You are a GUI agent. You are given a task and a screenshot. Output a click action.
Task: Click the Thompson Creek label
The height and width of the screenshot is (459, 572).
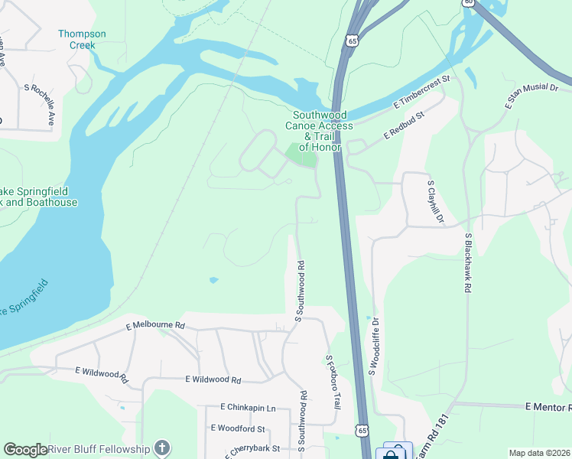[83, 39]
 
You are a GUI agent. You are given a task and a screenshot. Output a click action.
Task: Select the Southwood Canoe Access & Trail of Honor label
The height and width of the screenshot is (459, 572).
[319, 130]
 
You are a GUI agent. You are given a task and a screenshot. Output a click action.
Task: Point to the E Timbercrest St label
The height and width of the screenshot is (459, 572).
[423, 91]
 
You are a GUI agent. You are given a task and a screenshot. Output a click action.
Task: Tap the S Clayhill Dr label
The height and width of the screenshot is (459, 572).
[435, 202]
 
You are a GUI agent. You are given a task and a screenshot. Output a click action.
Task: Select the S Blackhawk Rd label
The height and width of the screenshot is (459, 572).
[466, 263]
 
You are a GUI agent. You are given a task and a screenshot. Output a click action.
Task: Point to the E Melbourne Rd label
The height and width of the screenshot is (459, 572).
[155, 325]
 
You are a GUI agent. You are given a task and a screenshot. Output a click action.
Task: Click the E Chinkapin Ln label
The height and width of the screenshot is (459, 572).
[247, 408]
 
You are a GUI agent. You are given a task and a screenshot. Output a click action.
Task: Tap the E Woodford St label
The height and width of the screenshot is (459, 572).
[237, 428]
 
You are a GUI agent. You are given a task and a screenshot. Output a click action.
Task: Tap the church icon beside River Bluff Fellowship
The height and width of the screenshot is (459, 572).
[161, 448]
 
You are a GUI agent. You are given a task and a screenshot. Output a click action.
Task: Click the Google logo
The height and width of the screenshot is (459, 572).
[25, 450]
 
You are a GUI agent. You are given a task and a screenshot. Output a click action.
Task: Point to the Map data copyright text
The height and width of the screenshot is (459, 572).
[538, 453]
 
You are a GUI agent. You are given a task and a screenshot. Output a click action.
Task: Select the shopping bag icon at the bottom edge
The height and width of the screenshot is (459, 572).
[391, 454]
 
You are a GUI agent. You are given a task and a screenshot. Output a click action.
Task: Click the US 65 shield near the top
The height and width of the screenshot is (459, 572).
[351, 40]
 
